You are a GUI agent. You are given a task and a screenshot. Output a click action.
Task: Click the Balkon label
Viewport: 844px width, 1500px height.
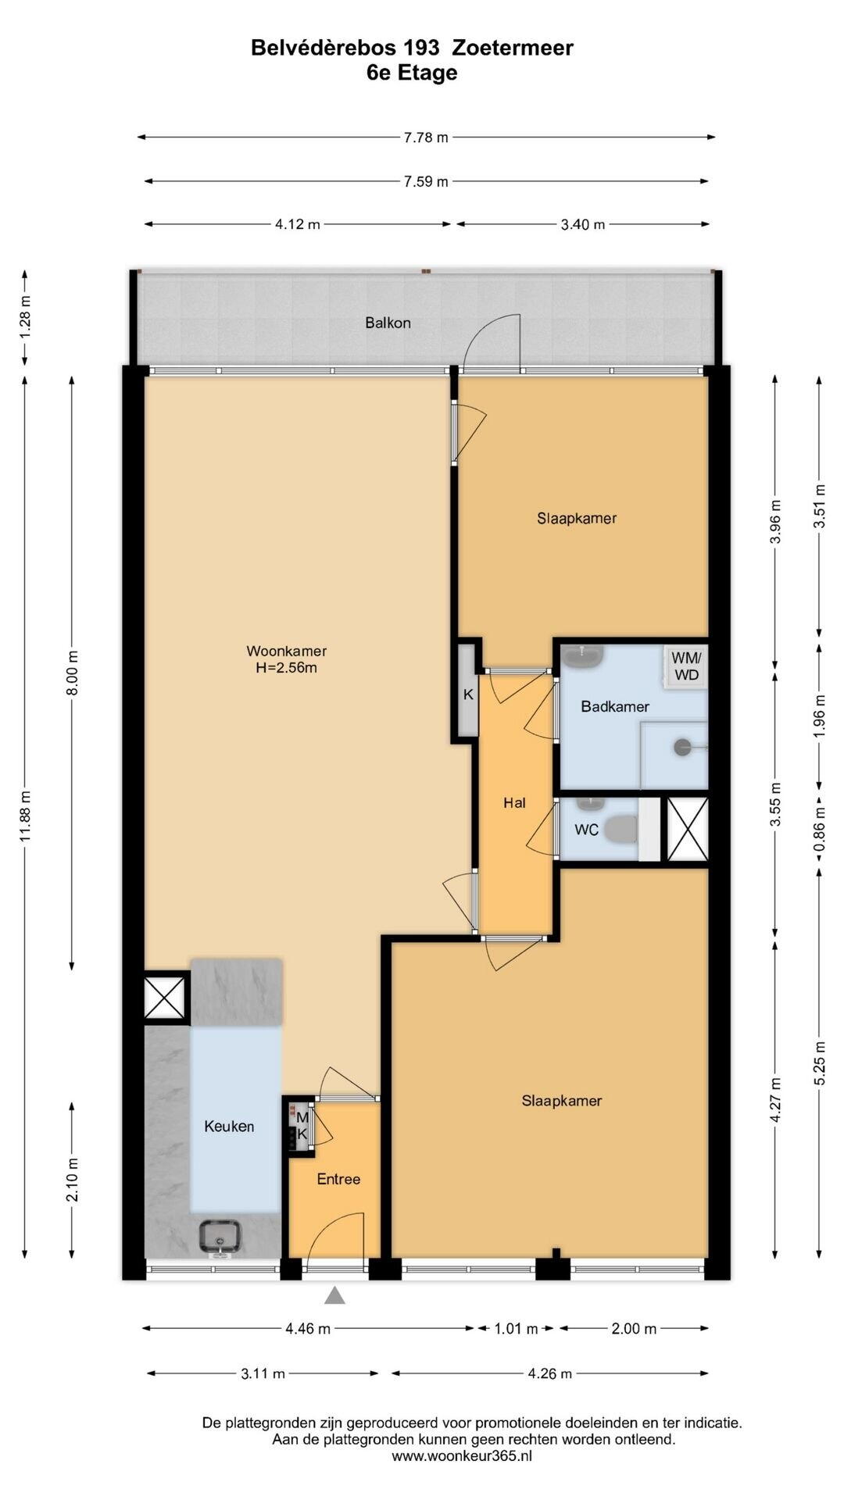(x=388, y=323)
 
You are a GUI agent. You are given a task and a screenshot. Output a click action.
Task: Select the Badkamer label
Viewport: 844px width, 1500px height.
(x=615, y=706)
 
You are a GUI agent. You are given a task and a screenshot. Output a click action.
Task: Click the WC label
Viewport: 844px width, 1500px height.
(x=586, y=830)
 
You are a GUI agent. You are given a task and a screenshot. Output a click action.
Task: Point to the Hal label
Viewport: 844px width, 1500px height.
(x=514, y=802)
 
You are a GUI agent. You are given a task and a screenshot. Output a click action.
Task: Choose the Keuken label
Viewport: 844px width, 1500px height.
(x=229, y=1126)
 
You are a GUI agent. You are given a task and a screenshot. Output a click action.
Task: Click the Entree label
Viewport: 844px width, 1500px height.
(x=338, y=1179)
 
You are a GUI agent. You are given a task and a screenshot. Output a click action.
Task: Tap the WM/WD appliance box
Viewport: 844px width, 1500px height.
(x=686, y=666)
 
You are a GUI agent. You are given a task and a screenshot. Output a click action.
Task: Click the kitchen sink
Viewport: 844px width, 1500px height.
(x=220, y=1237)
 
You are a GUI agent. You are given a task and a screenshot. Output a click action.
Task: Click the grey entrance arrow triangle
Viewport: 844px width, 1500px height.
(x=335, y=1295)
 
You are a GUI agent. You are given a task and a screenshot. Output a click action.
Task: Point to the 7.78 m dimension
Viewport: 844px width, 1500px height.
(x=426, y=137)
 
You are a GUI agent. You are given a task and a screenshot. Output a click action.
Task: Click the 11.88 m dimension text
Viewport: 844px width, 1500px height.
(x=26, y=816)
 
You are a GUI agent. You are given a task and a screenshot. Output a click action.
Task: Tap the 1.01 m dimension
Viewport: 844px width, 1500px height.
(x=516, y=1328)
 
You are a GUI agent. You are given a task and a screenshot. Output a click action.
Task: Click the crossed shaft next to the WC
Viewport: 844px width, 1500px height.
(x=687, y=829)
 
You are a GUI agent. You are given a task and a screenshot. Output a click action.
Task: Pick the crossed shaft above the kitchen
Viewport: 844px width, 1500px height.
(x=165, y=998)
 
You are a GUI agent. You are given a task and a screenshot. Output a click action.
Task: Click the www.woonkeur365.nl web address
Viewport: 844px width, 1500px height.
(x=462, y=1456)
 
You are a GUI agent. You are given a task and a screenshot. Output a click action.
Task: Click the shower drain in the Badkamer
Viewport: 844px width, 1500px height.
(x=684, y=747)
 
